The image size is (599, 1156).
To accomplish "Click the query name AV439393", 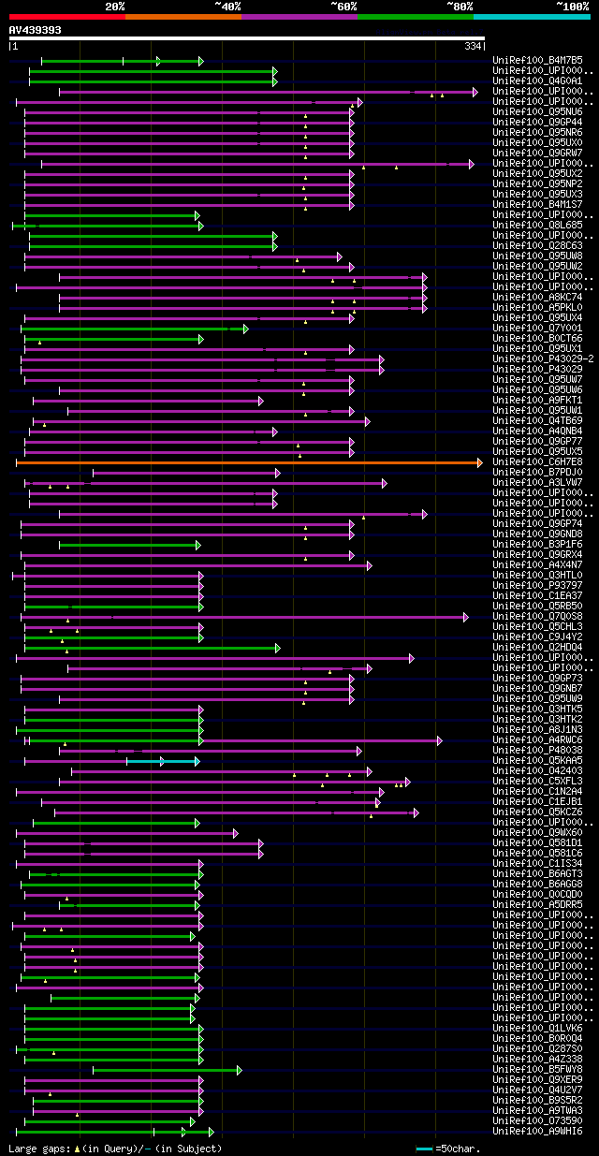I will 36,30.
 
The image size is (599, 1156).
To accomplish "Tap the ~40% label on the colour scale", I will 227,7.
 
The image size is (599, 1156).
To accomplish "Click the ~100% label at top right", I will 572,7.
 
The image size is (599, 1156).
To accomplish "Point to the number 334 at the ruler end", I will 473,46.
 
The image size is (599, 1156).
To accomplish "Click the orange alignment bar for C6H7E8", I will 248,462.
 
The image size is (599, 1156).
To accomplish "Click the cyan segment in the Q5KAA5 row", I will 162,761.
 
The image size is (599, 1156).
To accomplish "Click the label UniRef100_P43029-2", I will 542,359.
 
